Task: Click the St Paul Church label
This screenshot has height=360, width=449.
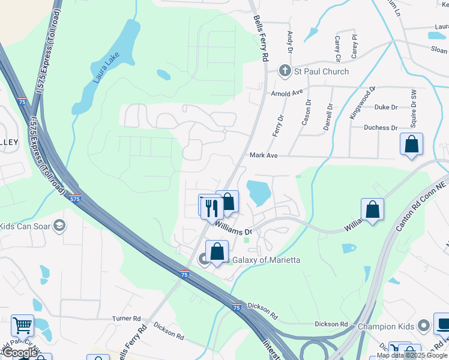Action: (321, 72)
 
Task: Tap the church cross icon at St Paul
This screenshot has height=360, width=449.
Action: (286, 71)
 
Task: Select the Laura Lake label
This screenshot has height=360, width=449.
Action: (106, 67)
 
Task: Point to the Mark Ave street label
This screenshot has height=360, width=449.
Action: (264, 155)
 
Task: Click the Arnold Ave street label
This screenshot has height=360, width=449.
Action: (288, 94)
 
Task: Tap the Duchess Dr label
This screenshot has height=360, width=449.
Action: (381, 128)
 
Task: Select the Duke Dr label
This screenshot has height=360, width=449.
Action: (386, 107)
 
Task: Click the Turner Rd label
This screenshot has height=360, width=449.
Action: (127, 319)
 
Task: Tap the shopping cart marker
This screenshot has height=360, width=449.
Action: (22, 325)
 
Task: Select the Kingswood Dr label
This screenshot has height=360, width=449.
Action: (362, 102)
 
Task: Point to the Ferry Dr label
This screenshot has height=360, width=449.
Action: (278, 125)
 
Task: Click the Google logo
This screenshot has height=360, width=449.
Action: (19, 353)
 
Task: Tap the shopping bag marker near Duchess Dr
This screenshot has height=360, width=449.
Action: (411, 144)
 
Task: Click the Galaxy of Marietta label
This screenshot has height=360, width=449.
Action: (259, 260)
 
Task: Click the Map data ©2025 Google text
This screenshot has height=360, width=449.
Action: (412, 355)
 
